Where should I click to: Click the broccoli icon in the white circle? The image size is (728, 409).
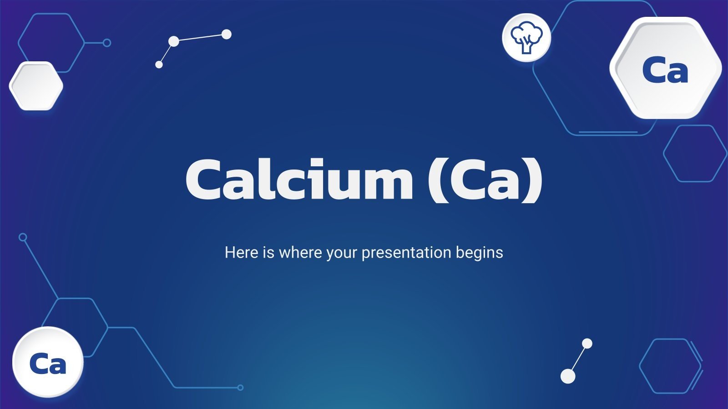click(526, 38)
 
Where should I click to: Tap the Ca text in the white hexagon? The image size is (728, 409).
click(665, 70)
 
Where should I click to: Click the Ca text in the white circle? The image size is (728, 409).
click(48, 364)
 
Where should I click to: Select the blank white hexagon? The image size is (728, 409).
click(36, 86)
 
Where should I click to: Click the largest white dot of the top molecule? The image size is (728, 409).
click(174, 41)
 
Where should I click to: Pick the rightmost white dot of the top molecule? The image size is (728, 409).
click(226, 34)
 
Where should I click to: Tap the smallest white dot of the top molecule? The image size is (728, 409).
click(159, 65)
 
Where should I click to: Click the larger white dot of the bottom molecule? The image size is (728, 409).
click(568, 376)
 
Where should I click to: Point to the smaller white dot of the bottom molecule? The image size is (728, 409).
click(587, 344)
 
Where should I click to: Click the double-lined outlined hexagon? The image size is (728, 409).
click(671, 366)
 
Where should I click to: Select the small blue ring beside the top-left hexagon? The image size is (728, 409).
click(107, 43)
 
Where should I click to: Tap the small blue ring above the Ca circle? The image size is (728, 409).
click(23, 237)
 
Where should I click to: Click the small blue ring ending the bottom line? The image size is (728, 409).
click(240, 388)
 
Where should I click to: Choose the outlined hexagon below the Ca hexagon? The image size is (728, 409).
click(695, 154)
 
